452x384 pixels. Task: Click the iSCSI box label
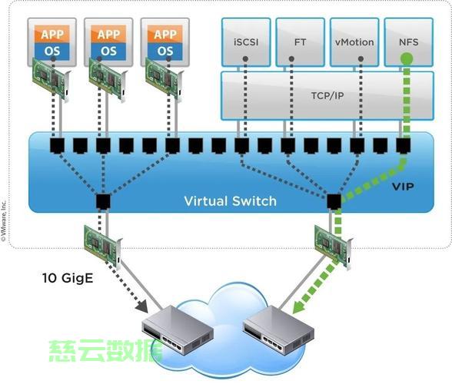click(246, 42)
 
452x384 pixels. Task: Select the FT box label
click(300, 42)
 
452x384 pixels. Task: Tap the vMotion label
click(354, 42)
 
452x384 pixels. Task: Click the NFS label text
click(409, 42)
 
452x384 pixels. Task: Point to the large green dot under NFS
click(407, 59)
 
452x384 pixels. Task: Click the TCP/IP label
click(327, 96)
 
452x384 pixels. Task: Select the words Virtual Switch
click(231, 201)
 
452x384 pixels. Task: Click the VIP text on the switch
click(403, 187)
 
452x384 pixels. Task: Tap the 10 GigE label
click(68, 278)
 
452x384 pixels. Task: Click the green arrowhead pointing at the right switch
click(298, 307)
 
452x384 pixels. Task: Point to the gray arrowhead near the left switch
click(141, 306)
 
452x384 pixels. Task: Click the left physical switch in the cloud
click(178, 330)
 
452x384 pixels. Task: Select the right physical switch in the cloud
click(278, 330)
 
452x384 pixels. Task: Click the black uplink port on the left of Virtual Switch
click(103, 201)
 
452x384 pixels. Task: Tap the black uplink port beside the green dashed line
click(334, 201)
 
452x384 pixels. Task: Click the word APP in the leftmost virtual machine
click(52, 35)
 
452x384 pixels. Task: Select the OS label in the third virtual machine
click(165, 51)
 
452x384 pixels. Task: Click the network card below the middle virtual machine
click(108, 79)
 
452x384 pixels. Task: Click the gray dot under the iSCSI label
click(245, 59)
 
